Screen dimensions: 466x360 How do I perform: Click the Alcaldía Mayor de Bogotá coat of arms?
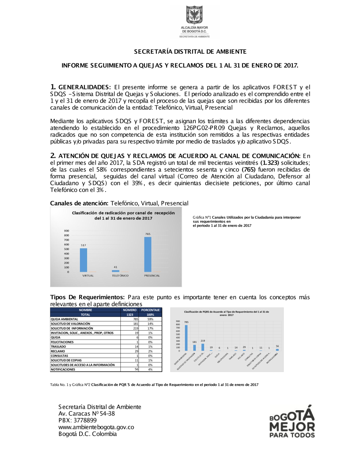tap(194, 15)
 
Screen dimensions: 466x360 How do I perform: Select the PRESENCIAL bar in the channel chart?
tap(148, 254)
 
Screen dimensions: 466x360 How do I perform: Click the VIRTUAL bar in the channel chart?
tap(83, 260)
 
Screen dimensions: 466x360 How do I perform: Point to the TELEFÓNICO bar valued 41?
tap(116, 271)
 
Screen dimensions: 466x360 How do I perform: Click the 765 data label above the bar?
tap(148, 234)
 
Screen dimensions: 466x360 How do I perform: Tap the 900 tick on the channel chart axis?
tap(67, 231)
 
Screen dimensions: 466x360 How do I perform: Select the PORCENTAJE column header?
tap(150, 310)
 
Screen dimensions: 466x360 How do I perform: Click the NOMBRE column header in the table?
tap(85, 310)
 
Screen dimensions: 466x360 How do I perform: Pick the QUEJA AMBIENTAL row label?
tap(64, 319)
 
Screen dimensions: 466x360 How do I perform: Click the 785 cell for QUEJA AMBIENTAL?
tap(135, 319)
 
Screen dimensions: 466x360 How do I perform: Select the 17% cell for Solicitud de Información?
tap(150, 328)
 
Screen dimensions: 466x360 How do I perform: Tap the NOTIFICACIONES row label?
tap(63, 369)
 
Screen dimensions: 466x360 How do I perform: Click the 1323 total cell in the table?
tap(130, 315)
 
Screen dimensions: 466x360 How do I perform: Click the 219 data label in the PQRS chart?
tap(203, 341)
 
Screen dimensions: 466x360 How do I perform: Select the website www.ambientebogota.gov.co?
tap(96, 427)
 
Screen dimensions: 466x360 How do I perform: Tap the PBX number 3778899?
tap(85, 420)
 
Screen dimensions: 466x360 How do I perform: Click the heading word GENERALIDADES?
tap(84, 87)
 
